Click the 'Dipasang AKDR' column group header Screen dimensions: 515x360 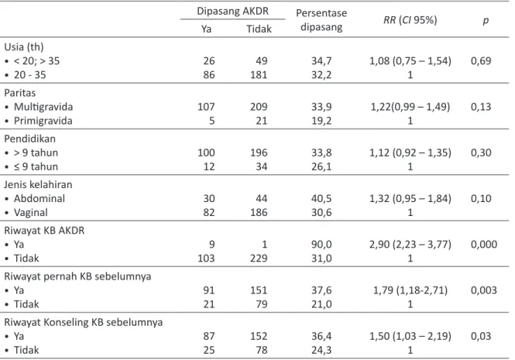click(x=232, y=11)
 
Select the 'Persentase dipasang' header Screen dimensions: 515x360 click(x=321, y=19)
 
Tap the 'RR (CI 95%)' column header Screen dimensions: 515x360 click(x=410, y=20)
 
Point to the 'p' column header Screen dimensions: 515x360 click(x=486, y=21)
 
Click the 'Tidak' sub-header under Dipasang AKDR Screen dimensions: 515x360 click(x=259, y=29)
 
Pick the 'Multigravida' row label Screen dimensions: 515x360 click(x=43, y=107)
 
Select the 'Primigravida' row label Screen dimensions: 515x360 click(x=43, y=121)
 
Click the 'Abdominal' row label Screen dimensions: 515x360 click(x=39, y=198)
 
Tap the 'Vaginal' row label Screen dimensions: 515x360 click(x=30, y=213)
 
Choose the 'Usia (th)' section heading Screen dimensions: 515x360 click(x=24, y=47)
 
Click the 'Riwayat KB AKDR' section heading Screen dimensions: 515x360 click(x=44, y=230)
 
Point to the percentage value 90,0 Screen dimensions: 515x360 click(x=321, y=245)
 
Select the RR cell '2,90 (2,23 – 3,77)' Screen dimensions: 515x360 click(x=410, y=245)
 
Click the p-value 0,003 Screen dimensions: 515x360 click(x=483, y=290)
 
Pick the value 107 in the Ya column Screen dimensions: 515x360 click(x=206, y=107)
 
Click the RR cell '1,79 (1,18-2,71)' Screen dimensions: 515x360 click(x=410, y=290)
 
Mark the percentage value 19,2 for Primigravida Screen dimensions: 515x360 click(x=321, y=121)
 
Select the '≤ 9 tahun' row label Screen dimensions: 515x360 click(x=36, y=167)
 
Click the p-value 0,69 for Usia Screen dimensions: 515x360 click(x=481, y=60)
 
